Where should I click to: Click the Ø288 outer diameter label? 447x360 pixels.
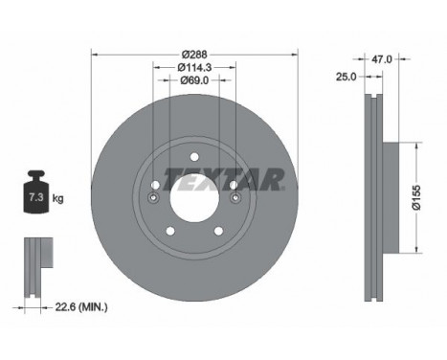click(x=194, y=54)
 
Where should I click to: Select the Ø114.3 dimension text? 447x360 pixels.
click(x=194, y=67)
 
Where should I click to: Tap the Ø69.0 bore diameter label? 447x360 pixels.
click(x=194, y=81)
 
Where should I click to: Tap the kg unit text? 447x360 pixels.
click(x=58, y=198)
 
